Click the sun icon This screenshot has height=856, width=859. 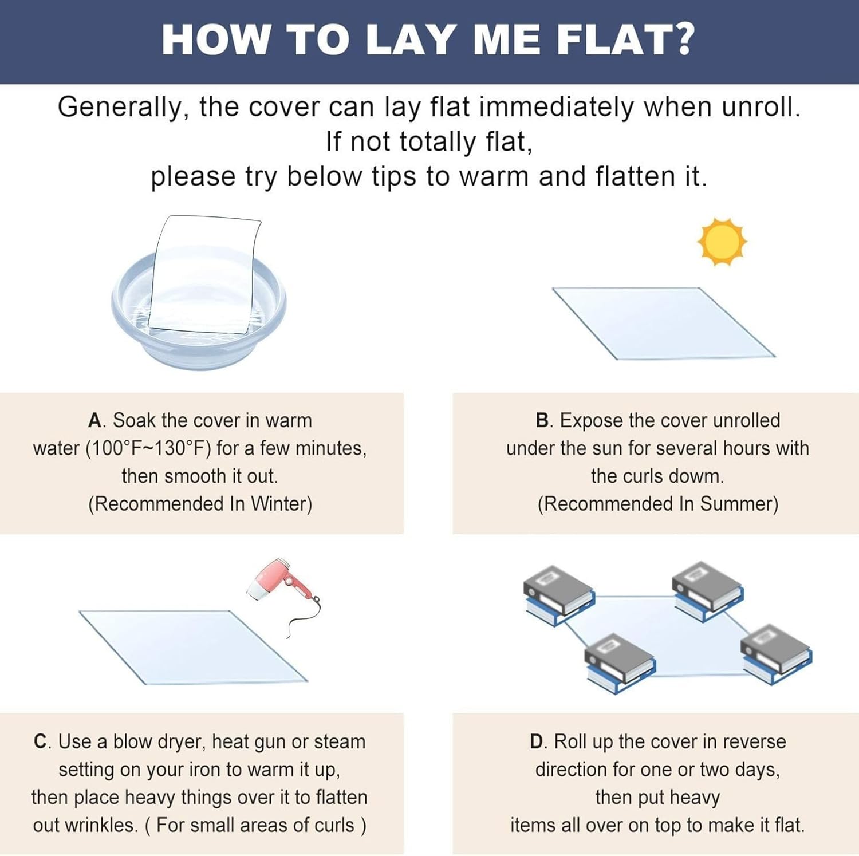click(722, 242)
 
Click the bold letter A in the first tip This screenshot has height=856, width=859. click(94, 421)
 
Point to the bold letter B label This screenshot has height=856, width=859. click(542, 421)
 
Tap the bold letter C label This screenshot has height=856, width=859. click(41, 742)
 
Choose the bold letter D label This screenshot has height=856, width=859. click(537, 742)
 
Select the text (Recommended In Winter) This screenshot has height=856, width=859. click(200, 504)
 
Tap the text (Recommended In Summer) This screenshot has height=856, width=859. click(657, 504)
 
